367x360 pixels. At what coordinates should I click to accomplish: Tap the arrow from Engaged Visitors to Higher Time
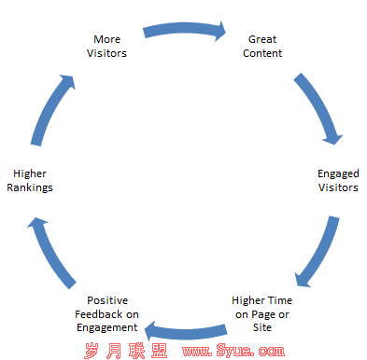[318, 250]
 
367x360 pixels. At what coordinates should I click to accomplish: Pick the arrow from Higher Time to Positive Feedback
[185, 328]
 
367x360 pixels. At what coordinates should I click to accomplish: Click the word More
[106, 39]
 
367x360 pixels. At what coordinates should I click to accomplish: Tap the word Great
[262, 39]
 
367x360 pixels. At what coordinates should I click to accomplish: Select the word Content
[262, 53]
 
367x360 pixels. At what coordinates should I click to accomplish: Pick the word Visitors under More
[106, 53]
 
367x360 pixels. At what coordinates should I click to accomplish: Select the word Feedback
[99, 314]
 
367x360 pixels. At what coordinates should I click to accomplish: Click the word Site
[262, 328]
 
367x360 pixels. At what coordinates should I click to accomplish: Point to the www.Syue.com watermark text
[233, 350]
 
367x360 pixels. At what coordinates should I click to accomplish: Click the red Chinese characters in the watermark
[131, 350]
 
